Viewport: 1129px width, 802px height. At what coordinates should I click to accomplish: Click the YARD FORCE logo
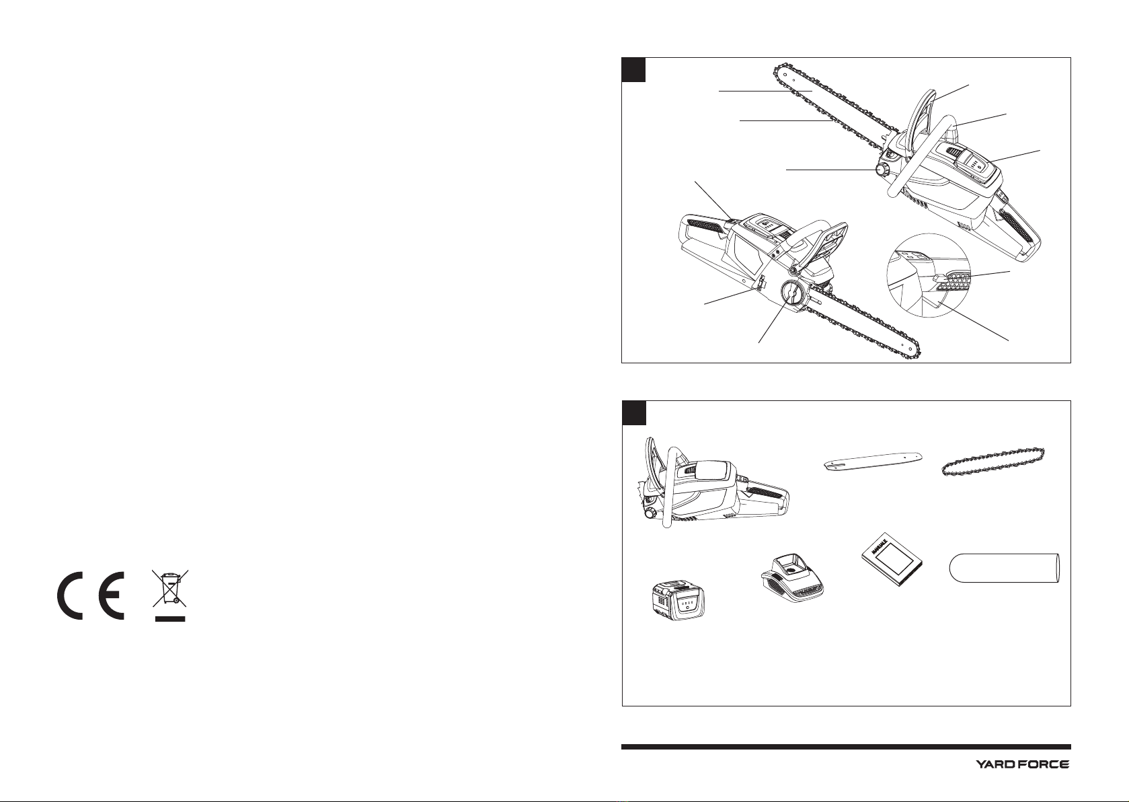pyautogui.click(x=1023, y=765)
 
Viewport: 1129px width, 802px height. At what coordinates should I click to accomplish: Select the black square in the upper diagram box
pyautogui.click(x=633, y=69)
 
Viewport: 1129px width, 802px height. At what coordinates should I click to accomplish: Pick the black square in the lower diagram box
pyautogui.click(x=634, y=413)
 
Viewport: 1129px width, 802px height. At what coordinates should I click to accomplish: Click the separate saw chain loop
pyautogui.click(x=992, y=462)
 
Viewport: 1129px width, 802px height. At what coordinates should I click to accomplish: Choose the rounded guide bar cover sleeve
pyautogui.click(x=1004, y=567)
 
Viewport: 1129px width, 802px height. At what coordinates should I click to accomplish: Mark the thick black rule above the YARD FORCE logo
pyautogui.click(x=847, y=747)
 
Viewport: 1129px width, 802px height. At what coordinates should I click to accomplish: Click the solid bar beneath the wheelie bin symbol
pyautogui.click(x=170, y=618)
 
